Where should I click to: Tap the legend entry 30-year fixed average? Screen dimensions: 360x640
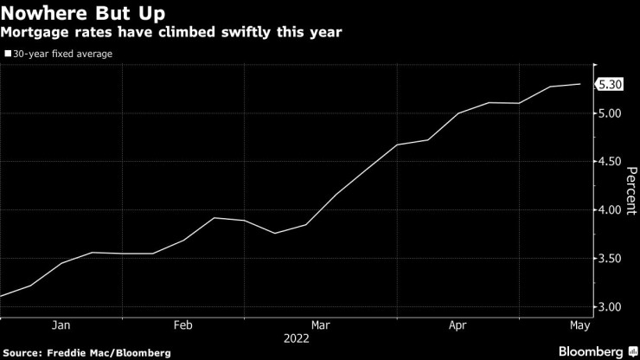(x=61, y=54)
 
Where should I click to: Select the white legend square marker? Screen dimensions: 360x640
(x=7, y=54)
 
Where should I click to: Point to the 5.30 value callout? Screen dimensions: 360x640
(x=610, y=84)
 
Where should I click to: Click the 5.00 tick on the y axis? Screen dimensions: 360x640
(x=610, y=113)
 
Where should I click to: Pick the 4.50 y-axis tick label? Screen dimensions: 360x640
(x=610, y=162)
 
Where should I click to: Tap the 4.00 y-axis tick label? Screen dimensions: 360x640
(x=610, y=210)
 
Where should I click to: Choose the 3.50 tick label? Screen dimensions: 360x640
(x=610, y=259)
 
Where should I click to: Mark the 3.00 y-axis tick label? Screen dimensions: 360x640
(x=610, y=307)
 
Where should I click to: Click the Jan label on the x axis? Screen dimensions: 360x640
(x=61, y=325)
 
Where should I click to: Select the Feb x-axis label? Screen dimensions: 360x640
(x=182, y=325)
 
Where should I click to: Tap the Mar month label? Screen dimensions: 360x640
(x=320, y=325)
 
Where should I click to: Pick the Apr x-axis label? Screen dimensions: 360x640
(x=458, y=325)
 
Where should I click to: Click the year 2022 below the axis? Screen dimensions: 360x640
(x=297, y=339)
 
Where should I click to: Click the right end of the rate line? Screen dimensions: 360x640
(x=579, y=84)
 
